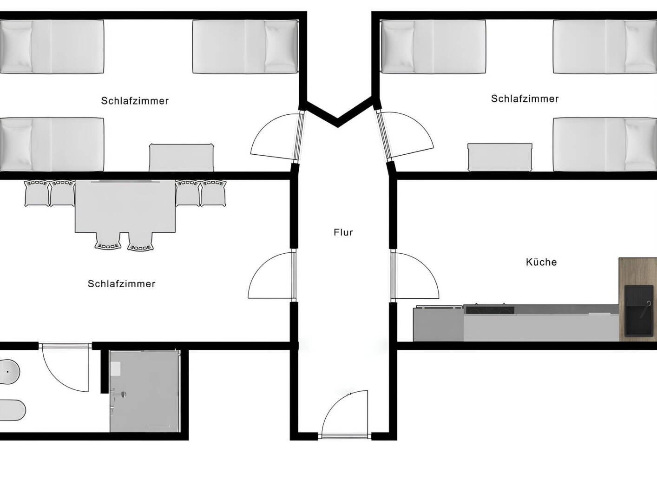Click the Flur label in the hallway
[x=343, y=232]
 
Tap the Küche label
[x=541, y=262]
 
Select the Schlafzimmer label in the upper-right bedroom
[x=525, y=99]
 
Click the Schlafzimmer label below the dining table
[x=121, y=283]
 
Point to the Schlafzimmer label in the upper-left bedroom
[x=135, y=101]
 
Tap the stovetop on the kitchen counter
[x=489, y=309]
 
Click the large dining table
[x=125, y=207]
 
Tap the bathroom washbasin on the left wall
[x=9, y=371]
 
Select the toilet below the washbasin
[x=11, y=410]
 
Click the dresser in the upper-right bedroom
[x=499, y=158]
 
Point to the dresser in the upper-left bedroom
[x=181, y=158]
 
